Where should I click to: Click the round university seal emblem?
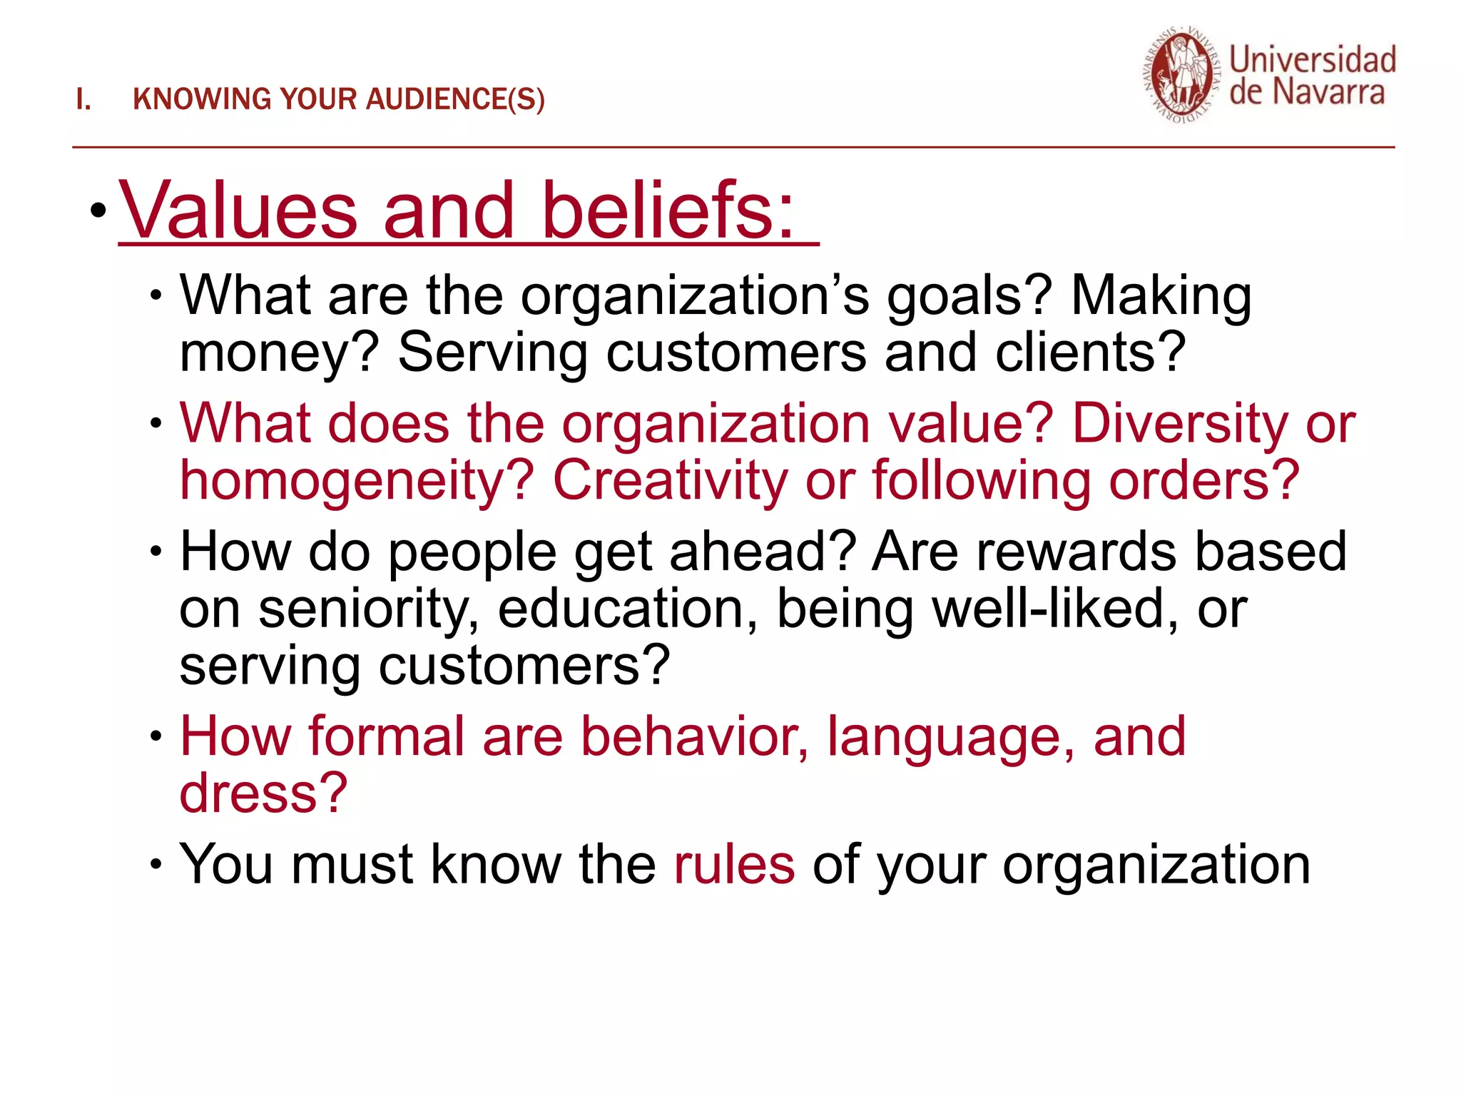click(1181, 76)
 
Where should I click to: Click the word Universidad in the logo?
click(1312, 60)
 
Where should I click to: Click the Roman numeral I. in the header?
click(83, 100)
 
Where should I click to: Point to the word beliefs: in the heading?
click(667, 211)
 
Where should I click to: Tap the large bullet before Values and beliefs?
click(98, 210)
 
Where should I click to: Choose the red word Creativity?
click(670, 481)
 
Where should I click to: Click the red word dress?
click(263, 793)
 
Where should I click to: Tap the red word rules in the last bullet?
click(734, 865)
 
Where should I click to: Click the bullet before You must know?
click(156, 865)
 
